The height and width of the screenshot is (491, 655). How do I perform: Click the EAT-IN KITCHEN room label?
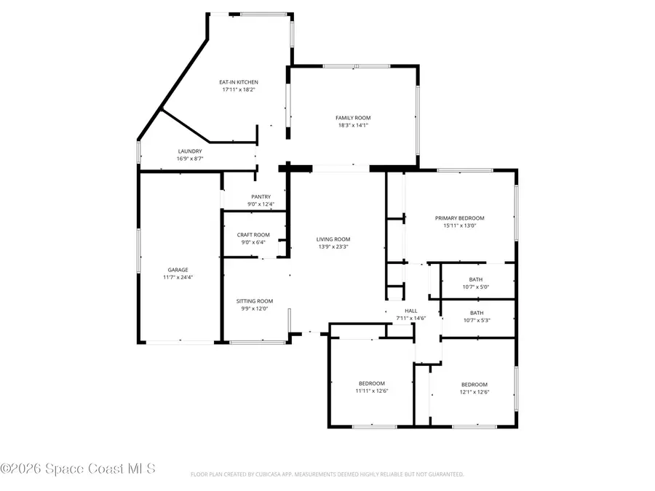[x=239, y=82]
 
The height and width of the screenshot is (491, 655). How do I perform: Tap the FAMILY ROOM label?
[x=353, y=118]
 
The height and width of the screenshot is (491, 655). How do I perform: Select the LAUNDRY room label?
[x=190, y=151]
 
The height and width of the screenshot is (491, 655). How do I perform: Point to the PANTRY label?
[x=261, y=196]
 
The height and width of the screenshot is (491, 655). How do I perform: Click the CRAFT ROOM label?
[x=253, y=235]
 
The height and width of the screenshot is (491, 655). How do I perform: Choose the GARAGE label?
[x=178, y=270]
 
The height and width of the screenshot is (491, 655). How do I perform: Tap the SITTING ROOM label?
[x=255, y=301]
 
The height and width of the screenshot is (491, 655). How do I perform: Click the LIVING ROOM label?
[x=333, y=239]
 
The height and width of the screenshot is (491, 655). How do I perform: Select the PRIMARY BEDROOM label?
[x=459, y=218]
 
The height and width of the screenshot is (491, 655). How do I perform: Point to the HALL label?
[x=411, y=311]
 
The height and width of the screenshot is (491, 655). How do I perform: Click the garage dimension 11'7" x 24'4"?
[x=178, y=277]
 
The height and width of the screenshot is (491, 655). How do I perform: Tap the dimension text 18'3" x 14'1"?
[x=353, y=125]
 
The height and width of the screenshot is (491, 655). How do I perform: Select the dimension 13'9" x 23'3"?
[x=333, y=247]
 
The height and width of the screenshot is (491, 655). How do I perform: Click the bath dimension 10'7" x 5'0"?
[x=476, y=287]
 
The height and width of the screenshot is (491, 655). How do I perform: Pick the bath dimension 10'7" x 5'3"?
[x=477, y=320]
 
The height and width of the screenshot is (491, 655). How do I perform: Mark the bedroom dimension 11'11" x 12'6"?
[x=372, y=391]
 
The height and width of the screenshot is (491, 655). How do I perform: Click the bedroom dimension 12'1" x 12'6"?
[x=475, y=392]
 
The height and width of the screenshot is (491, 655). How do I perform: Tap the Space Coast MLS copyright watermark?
[x=78, y=468]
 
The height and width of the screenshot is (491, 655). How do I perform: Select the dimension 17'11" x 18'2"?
[x=239, y=89]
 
